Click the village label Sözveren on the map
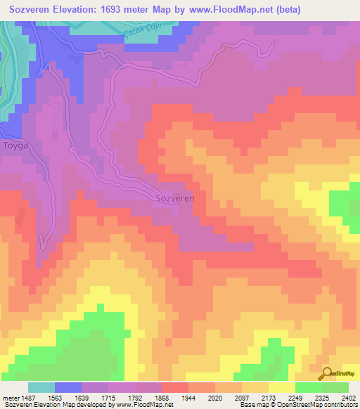coord(174,198)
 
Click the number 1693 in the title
coord(139,10)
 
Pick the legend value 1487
coord(32,397)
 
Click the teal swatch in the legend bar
coord(41,387)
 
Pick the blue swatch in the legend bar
coord(68,387)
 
